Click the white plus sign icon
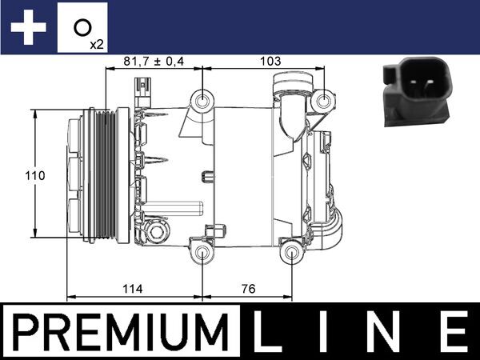(27, 28)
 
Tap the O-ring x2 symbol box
(84, 30)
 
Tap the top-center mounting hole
(204, 102)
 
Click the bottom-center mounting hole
(204, 254)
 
